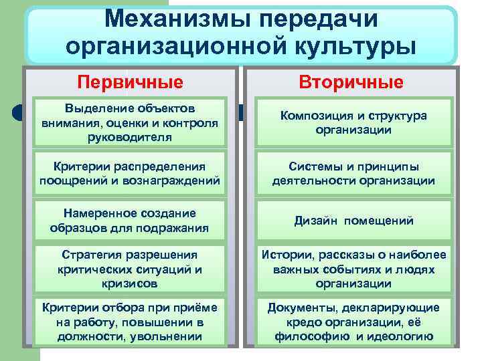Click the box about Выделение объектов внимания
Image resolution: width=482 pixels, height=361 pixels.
point(130,122)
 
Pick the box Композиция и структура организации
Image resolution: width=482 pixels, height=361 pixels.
point(353,122)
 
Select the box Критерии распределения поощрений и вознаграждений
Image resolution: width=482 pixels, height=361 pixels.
point(130,173)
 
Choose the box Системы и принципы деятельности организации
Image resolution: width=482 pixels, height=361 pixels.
point(353,173)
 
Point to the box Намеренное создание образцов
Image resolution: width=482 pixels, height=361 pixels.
point(130,221)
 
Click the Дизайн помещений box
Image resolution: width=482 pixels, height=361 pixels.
point(353,221)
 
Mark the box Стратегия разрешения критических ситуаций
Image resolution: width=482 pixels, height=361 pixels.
point(130,269)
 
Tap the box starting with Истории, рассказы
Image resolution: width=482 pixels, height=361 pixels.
point(353,269)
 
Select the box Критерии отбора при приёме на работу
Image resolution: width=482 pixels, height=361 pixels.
point(130,322)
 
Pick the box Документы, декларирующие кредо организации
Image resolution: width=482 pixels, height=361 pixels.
point(353,322)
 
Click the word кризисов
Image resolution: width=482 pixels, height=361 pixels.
point(130,283)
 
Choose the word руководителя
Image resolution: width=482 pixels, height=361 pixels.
point(130,137)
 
